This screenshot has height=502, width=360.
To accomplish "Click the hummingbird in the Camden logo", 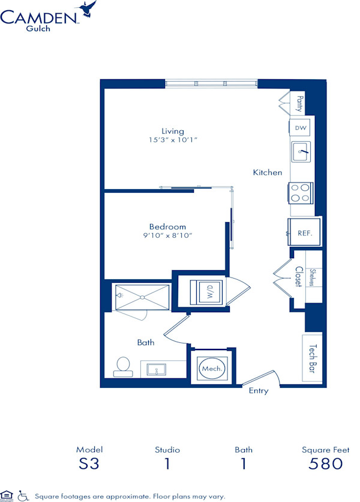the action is point(86,8).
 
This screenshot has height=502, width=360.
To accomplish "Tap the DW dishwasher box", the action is point(300,128).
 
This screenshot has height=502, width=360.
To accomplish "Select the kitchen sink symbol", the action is point(301,151).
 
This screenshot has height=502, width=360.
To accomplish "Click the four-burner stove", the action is point(300,193).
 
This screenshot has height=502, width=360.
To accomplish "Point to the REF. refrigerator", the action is point(304,232).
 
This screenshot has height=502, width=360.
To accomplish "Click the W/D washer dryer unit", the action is point(206,292).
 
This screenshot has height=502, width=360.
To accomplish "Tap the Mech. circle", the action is point(212,369).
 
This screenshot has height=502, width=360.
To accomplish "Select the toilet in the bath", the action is point(123,367).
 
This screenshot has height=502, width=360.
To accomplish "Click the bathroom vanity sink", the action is point(157,369).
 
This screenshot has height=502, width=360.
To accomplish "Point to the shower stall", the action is point(142,297).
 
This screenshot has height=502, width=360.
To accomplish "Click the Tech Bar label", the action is point(313,358).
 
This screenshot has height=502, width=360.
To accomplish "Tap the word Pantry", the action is point(299,103).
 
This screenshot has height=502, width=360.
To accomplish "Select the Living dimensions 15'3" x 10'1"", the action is point(173,140).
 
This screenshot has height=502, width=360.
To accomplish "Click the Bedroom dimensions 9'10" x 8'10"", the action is point(167,235).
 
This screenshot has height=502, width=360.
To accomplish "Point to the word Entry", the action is point(259,391).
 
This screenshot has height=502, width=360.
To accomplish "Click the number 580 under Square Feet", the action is point(325,464).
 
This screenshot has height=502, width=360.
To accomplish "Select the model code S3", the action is point(89,464).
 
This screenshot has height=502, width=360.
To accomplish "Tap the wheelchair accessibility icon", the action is point(23,495).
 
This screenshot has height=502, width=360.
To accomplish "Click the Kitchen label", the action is point(268,172).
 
